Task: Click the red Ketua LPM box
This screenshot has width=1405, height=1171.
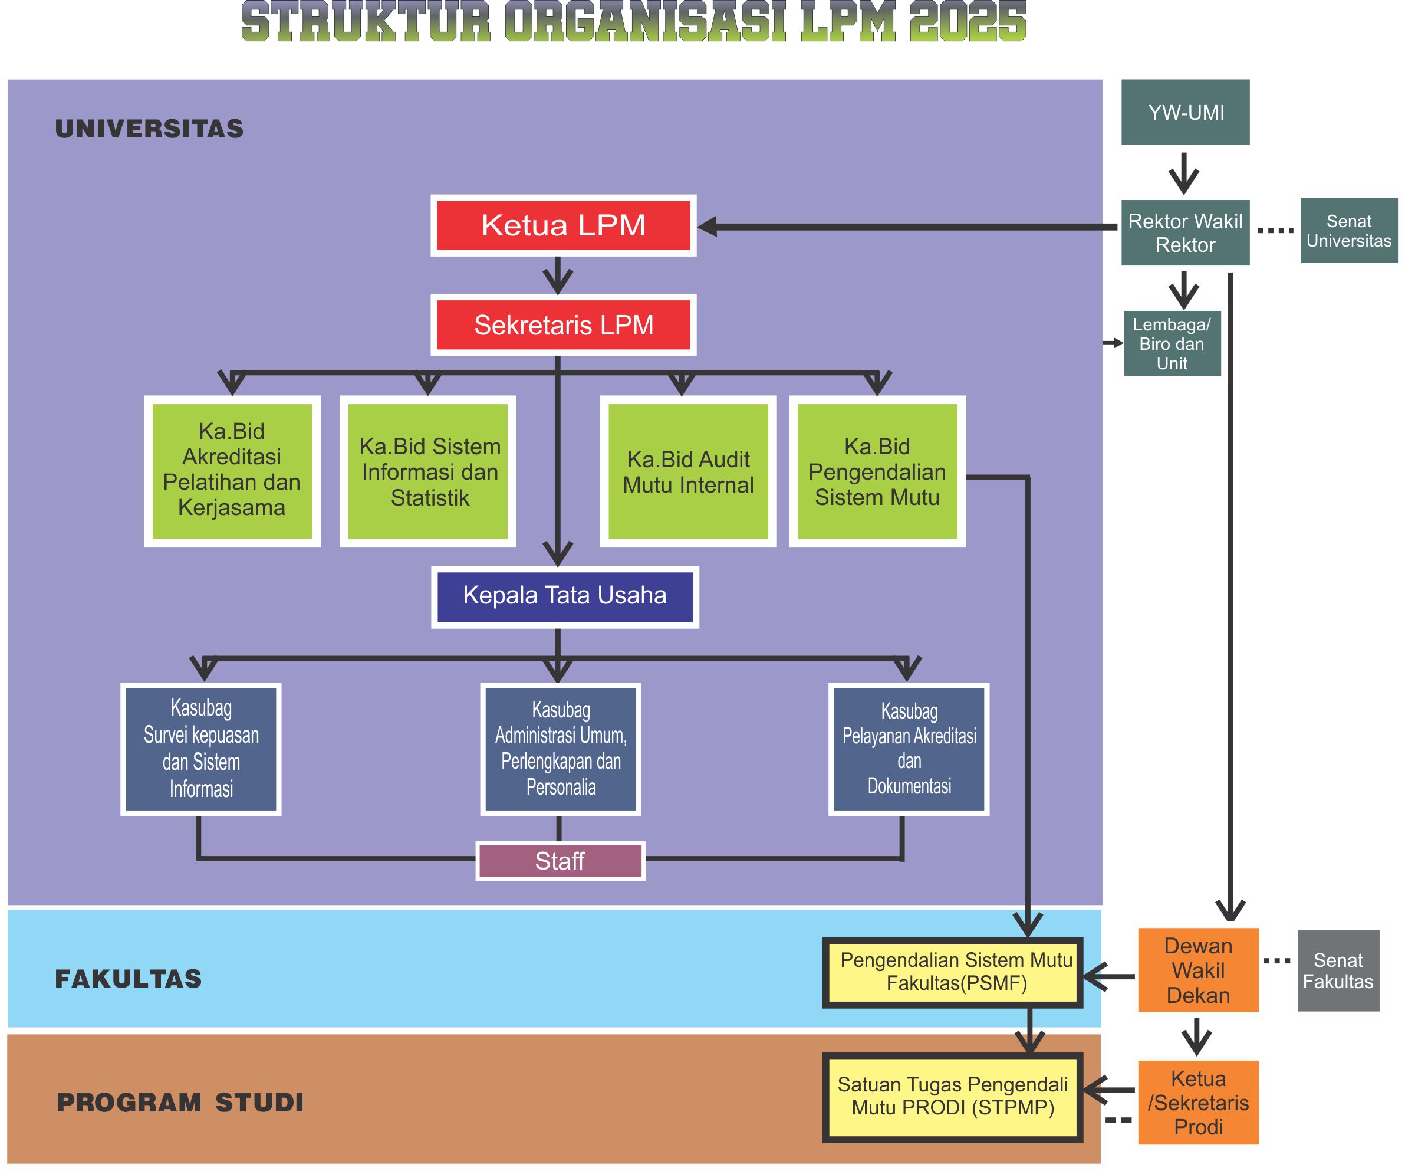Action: click(x=562, y=225)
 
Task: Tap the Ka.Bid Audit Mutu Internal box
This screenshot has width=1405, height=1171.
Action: click(x=688, y=471)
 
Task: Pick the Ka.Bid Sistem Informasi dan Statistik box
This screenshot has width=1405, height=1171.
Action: click(x=428, y=471)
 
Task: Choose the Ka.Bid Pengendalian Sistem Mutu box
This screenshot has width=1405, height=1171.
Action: click(x=877, y=471)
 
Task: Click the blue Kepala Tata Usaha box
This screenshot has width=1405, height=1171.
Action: click(x=565, y=596)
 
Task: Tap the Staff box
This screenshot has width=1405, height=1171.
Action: click(x=560, y=861)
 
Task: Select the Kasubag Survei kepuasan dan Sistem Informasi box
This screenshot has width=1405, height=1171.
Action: click(x=200, y=749)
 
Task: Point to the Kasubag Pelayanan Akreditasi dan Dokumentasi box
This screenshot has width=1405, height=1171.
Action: click(x=909, y=749)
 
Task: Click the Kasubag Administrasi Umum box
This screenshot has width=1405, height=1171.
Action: click(x=561, y=749)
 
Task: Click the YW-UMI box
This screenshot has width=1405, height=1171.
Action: click(x=1186, y=113)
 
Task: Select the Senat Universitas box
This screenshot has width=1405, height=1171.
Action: click(x=1348, y=231)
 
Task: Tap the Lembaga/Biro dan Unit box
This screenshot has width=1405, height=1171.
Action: click(x=1172, y=343)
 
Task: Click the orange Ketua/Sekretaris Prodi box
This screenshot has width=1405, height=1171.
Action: click(x=1197, y=1102)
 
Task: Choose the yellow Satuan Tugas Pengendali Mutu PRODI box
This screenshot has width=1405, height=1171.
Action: click(x=952, y=1097)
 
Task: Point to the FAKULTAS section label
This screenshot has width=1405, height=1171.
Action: click(x=128, y=979)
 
